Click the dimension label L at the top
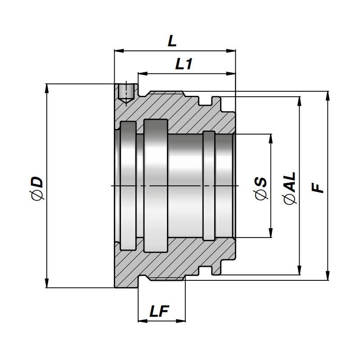[x=172, y=41]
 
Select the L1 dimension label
[x=184, y=64]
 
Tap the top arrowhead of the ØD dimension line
[x=47, y=88]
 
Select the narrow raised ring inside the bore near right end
[x=209, y=185]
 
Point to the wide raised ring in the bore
[x=156, y=185]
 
